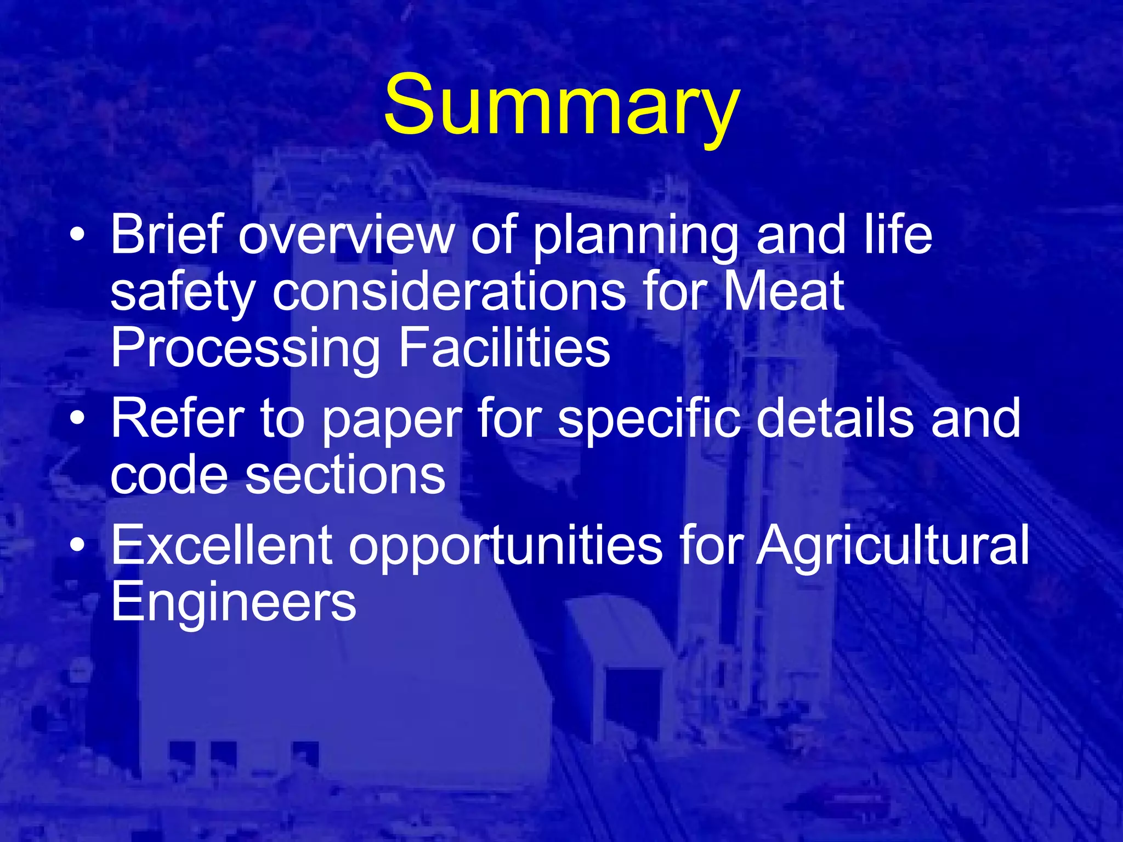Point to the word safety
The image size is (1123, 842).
tap(183, 293)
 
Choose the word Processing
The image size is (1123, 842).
tap(245, 349)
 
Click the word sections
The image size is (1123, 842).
tap(345, 475)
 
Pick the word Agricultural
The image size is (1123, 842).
tap(892, 546)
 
